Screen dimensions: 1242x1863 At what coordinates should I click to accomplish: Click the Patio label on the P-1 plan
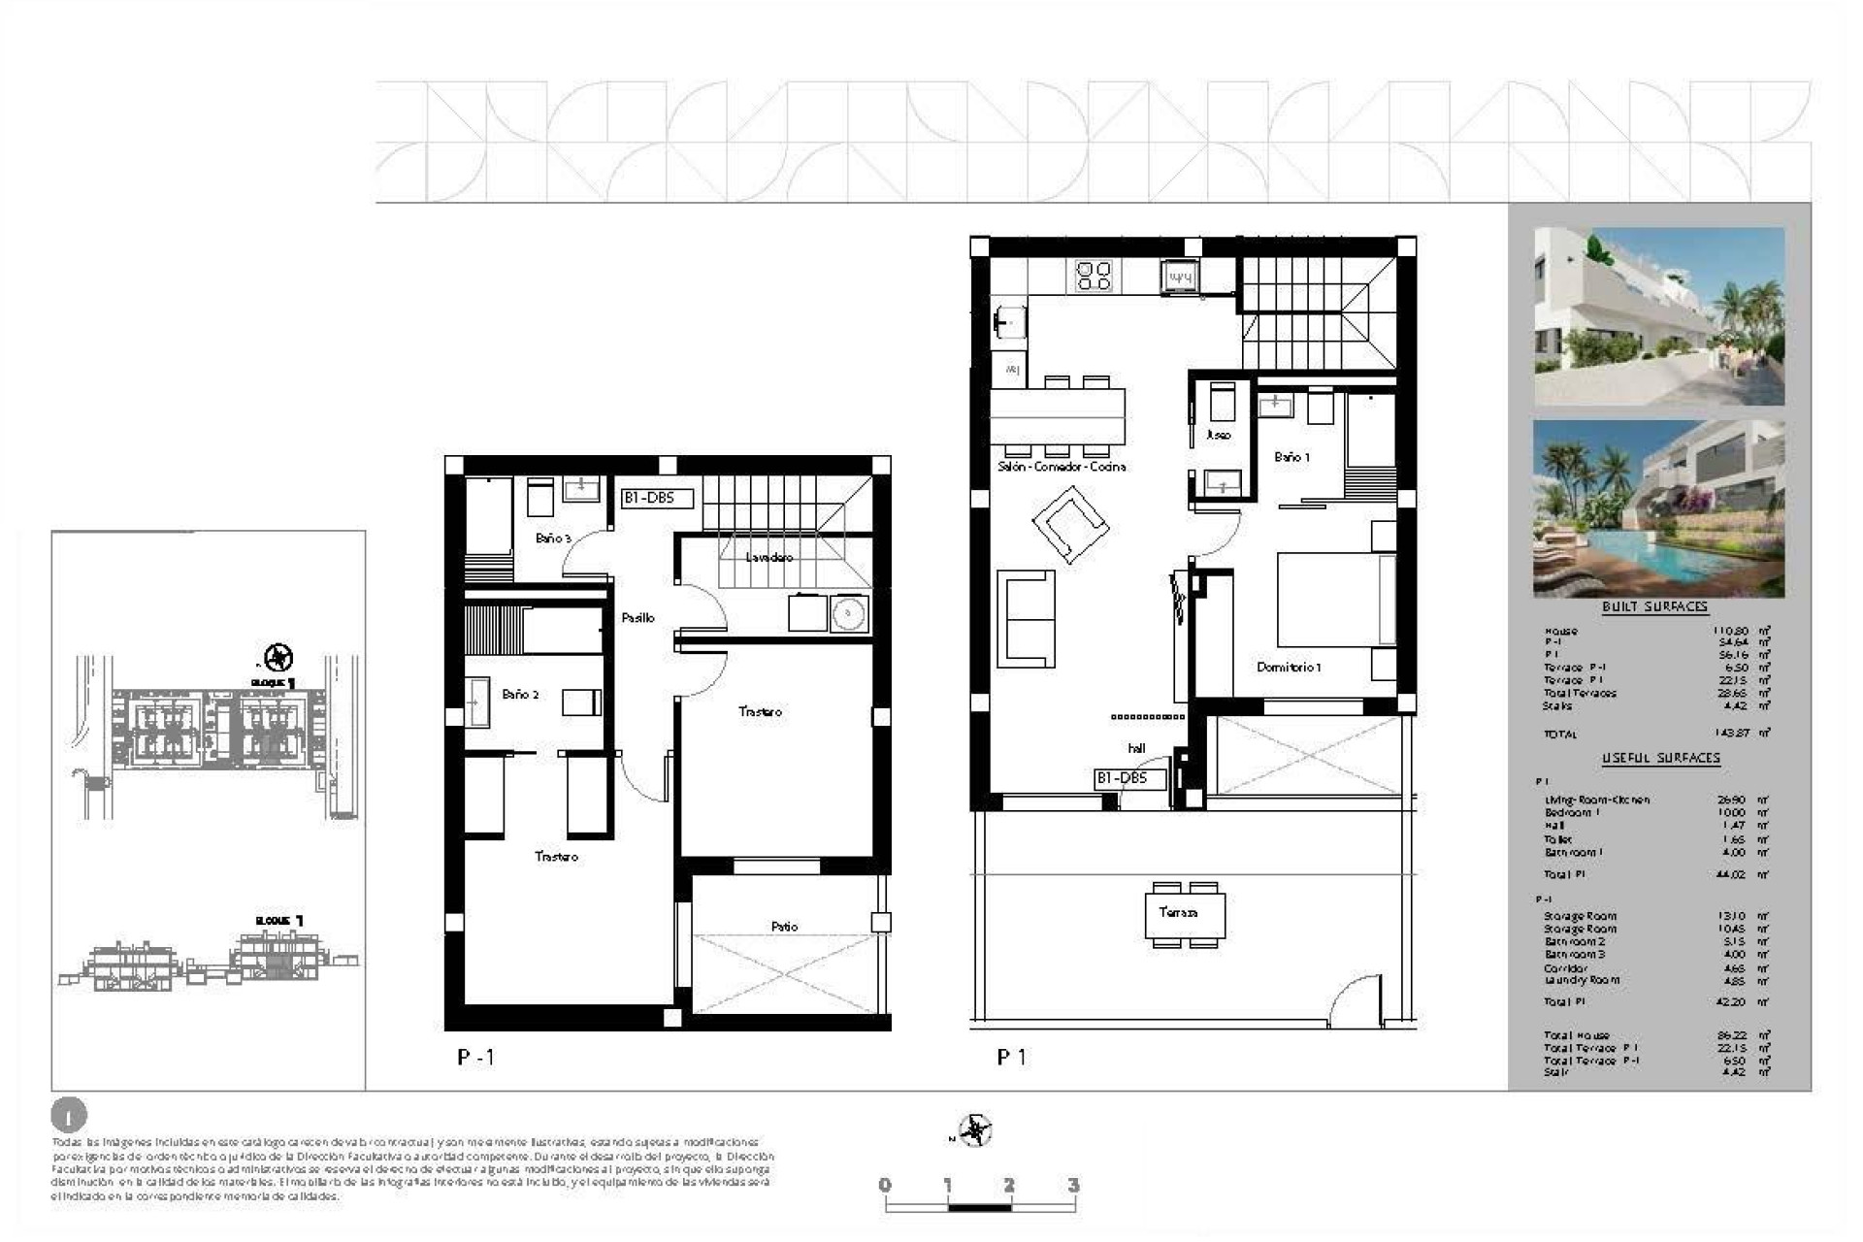click(x=784, y=927)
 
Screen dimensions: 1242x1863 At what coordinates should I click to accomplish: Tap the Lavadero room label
click(x=768, y=557)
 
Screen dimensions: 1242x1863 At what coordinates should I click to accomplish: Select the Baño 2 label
click(x=520, y=695)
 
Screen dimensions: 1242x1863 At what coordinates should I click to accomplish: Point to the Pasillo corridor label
click(x=637, y=617)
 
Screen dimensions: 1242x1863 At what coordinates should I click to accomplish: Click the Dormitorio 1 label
click(x=1289, y=668)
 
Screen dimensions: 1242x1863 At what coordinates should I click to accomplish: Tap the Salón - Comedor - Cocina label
click(x=1062, y=467)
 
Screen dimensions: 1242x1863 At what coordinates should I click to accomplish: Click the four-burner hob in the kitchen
click(x=1094, y=276)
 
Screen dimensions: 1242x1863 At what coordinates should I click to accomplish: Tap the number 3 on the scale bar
click(x=1072, y=1185)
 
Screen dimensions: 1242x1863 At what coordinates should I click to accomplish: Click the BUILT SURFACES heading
click(x=1654, y=606)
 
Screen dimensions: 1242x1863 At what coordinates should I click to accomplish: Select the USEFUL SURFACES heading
click(x=1660, y=758)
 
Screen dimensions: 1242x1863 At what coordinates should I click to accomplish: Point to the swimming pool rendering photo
click(x=1658, y=507)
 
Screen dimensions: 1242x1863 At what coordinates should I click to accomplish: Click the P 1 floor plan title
click(x=1011, y=1057)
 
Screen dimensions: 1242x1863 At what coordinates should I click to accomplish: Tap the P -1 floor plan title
click(x=475, y=1057)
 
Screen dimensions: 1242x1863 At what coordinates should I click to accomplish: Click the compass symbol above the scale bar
click(x=974, y=1130)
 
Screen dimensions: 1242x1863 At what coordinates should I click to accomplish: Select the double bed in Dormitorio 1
click(x=1335, y=600)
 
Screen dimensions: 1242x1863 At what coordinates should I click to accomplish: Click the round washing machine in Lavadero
click(x=849, y=613)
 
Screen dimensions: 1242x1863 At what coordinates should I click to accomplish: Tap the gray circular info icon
click(x=68, y=1116)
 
